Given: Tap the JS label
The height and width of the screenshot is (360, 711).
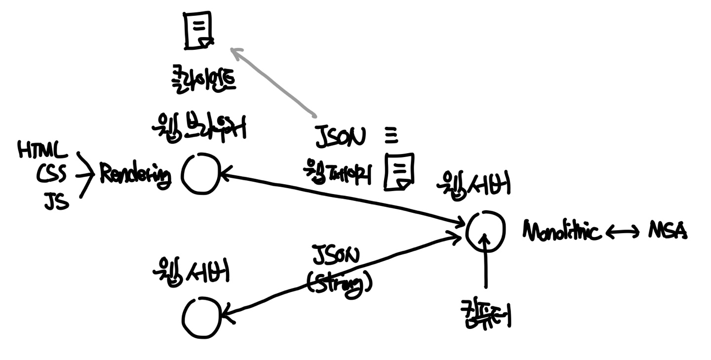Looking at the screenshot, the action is click(56, 201).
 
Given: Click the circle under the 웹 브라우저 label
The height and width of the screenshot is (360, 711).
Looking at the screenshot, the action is click(200, 174).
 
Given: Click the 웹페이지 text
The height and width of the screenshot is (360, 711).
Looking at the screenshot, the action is click(338, 173).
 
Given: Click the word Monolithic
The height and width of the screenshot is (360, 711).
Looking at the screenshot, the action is click(562, 232).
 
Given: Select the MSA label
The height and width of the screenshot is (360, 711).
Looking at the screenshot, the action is click(667, 231).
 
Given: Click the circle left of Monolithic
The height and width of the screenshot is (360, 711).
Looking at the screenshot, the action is click(485, 231).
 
